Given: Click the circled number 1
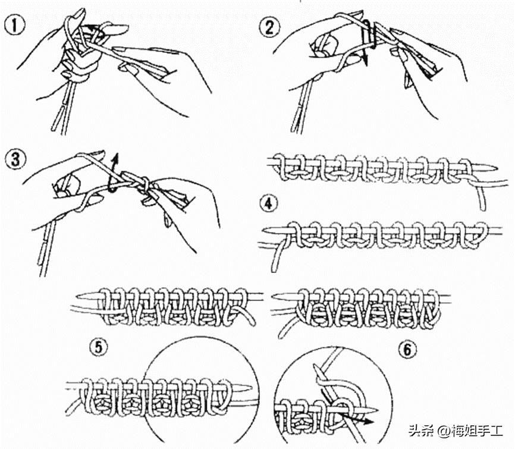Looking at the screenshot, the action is click(x=15, y=26).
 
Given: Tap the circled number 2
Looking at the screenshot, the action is click(x=269, y=27).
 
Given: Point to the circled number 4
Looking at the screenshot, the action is click(x=269, y=203).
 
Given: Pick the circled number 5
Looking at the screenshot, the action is click(x=99, y=348).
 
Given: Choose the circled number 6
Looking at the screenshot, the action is click(x=407, y=350).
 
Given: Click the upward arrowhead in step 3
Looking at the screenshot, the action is click(x=115, y=158).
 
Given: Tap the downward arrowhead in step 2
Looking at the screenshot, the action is click(x=365, y=60).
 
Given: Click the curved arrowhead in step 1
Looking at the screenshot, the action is click(x=89, y=28).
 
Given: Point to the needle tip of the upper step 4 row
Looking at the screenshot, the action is click(x=498, y=167).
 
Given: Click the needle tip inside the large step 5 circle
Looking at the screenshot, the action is click(x=252, y=388).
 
